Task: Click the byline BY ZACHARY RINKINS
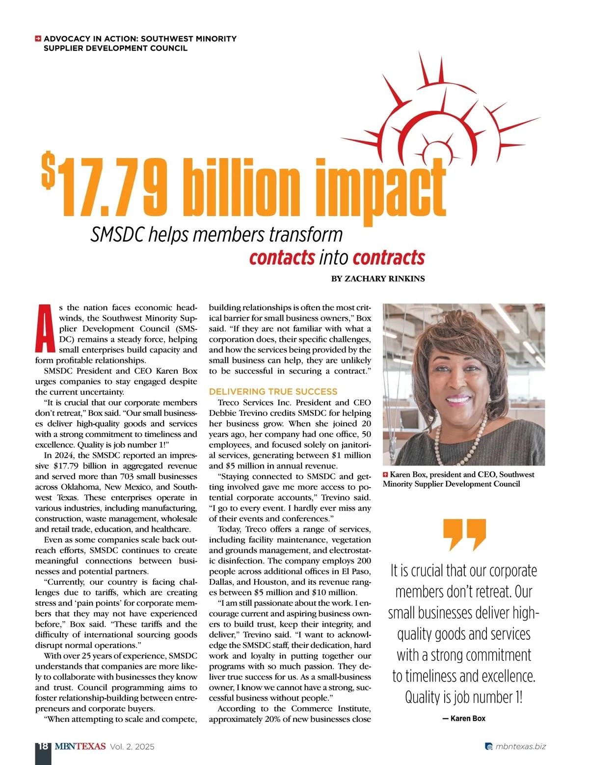(378, 279)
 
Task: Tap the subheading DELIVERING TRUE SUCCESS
(273, 392)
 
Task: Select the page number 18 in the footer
(43, 746)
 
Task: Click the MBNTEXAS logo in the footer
(80, 746)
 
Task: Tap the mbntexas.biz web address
(520, 746)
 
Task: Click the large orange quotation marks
(464, 534)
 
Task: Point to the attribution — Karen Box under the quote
(464, 718)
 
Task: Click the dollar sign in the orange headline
(48, 171)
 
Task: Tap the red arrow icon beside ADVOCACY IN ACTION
(38, 39)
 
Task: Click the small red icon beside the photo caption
(386, 475)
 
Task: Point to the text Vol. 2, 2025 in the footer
(132, 747)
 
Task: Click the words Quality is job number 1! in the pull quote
(464, 697)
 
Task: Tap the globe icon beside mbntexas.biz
(488, 747)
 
